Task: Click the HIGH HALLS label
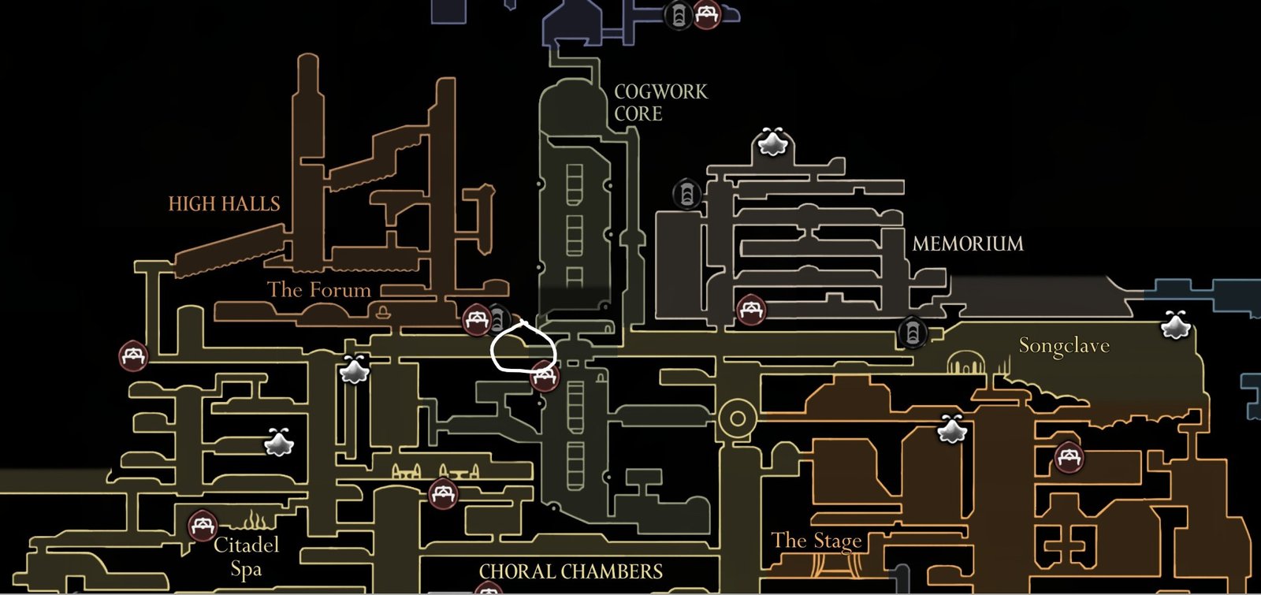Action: coord(224,204)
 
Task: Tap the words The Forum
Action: coord(318,290)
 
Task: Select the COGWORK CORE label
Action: coord(660,102)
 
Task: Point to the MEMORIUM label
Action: coord(967,244)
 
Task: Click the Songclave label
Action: coord(1063,345)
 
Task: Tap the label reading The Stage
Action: coord(816,541)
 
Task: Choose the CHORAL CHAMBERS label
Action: coord(571,571)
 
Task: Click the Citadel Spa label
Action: coord(246,556)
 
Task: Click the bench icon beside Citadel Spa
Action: coord(203,525)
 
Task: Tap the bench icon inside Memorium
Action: coord(750,310)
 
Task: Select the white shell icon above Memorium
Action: coord(772,142)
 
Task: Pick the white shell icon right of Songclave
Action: coord(1175,325)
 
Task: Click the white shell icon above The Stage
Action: coord(952,429)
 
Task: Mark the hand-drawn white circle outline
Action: coord(523,347)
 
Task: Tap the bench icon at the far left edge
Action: coord(133,356)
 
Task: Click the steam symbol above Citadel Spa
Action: coord(255,520)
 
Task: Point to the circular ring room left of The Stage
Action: coord(738,418)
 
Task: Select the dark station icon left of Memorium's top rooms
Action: coord(686,193)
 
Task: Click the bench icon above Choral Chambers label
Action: coord(443,494)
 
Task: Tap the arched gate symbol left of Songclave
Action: coord(962,365)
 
